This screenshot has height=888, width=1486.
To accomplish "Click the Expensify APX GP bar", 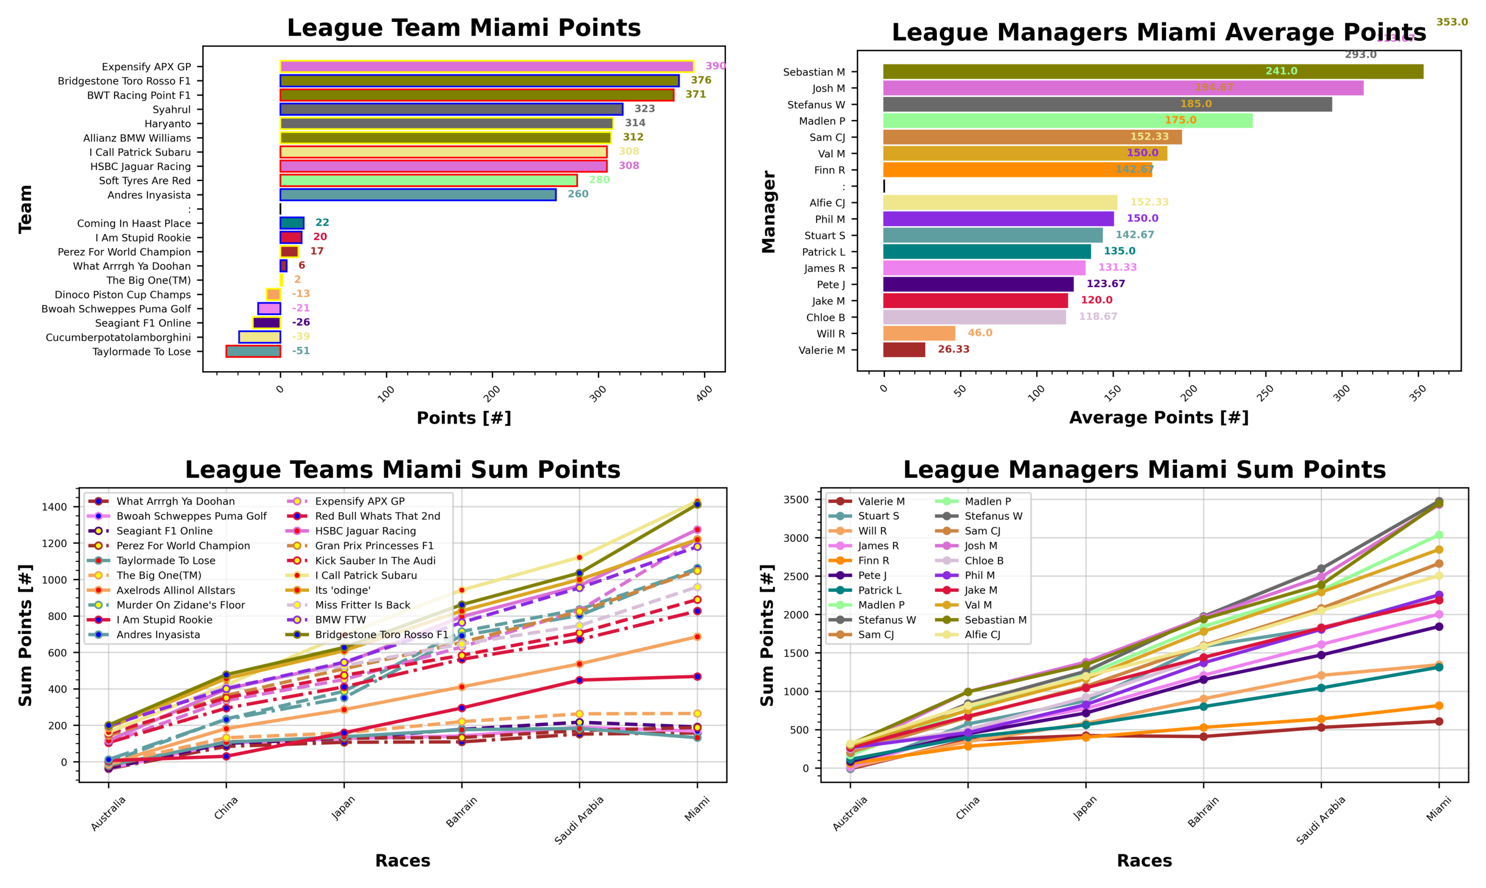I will coord(486,66).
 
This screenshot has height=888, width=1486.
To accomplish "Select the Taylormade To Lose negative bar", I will coord(253,351).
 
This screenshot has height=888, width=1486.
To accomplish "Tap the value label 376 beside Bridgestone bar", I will coord(700,80).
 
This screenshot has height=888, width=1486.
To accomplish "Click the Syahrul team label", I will coord(171,110).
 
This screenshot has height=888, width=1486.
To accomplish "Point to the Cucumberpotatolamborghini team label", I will coord(118,338).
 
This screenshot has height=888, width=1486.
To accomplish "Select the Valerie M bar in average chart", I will coord(903,350).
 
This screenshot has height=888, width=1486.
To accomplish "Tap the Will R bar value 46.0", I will coord(979,333).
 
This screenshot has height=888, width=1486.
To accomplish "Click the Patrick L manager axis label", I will coord(823,252).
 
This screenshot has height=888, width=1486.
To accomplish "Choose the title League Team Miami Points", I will coord(463,28).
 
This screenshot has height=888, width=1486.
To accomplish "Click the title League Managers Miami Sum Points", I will coord(1144,470).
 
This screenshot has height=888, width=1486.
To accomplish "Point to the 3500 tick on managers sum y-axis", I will coord(797,500).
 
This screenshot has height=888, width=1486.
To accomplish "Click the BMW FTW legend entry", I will coord(340,620).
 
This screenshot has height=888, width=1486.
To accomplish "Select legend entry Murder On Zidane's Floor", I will coord(180,605).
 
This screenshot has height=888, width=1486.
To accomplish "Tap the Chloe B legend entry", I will coord(983,561).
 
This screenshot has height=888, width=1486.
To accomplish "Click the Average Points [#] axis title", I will coord(1158,418).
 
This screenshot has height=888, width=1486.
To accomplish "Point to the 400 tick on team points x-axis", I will coord(703,394).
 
